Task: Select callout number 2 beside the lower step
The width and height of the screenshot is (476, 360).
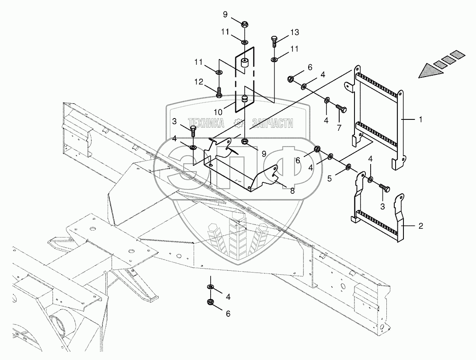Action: (420, 226)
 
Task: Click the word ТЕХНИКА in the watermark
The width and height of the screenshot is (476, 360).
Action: (206, 123)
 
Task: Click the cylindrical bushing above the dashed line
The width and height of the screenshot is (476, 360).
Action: (244, 64)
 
